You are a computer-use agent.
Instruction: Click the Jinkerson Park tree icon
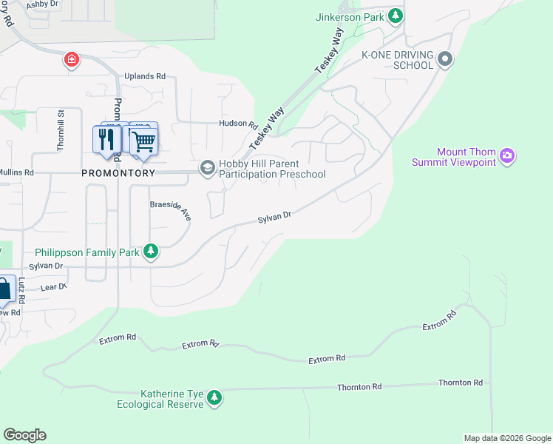tap(397, 15)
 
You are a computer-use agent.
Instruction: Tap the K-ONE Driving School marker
tap(444, 59)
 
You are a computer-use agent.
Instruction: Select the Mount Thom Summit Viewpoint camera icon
tap(507, 155)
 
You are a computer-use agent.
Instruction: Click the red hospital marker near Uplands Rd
tap(72, 59)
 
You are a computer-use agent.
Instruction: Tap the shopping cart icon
tap(144, 140)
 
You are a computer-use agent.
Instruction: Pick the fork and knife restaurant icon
tap(106, 138)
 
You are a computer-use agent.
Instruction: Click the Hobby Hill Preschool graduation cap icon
tap(207, 168)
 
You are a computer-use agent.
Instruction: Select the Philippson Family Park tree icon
tap(151, 252)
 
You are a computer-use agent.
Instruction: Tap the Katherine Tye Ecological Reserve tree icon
tap(214, 398)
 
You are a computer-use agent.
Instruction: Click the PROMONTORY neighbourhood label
tap(118, 173)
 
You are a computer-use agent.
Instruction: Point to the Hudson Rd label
tap(237, 124)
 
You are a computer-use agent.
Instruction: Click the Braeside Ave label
tap(171, 209)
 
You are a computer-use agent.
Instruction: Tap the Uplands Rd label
tap(144, 76)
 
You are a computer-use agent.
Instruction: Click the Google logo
tap(24, 435)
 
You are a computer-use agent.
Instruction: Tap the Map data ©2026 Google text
tap(507, 438)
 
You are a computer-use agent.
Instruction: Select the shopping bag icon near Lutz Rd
tap(4, 290)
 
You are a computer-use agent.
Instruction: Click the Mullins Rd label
tap(18, 172)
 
